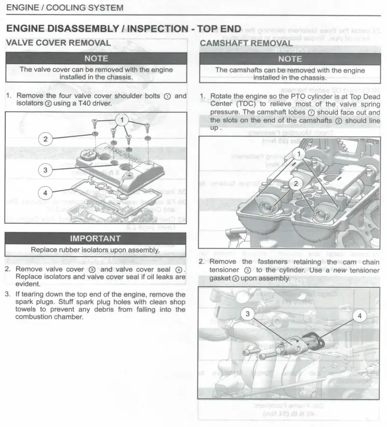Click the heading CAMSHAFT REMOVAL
[246, 43]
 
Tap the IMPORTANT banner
[95, 239]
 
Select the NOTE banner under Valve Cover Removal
[96, 59]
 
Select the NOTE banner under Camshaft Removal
[290, 59]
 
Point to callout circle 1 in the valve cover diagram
[122, 119]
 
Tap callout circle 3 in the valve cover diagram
[45, 170]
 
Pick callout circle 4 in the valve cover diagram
[45, 193]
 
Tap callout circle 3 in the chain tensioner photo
[248, 314]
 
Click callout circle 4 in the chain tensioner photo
[359, 316]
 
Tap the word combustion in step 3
[36, 317]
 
